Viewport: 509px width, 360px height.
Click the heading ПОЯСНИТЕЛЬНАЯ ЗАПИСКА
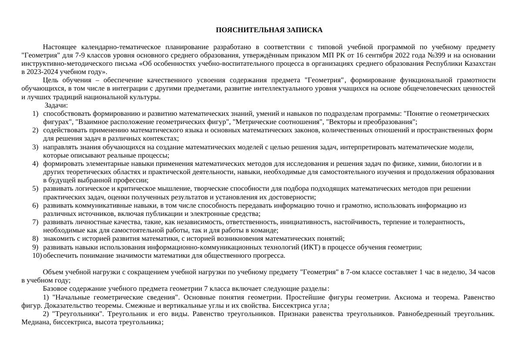point(269,30)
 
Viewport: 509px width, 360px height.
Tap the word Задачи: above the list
point(56,105)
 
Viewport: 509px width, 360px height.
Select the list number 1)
point(35,114)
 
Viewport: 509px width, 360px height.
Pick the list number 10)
point(37,256)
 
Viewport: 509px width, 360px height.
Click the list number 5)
point(35,188)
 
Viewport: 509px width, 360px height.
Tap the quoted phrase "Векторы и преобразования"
point(371,122)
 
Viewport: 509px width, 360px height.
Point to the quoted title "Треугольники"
point(78,314)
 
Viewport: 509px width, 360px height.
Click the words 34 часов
point(482,272)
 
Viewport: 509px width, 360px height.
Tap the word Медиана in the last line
point(34,322)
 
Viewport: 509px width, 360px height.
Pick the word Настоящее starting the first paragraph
point(58,47)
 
